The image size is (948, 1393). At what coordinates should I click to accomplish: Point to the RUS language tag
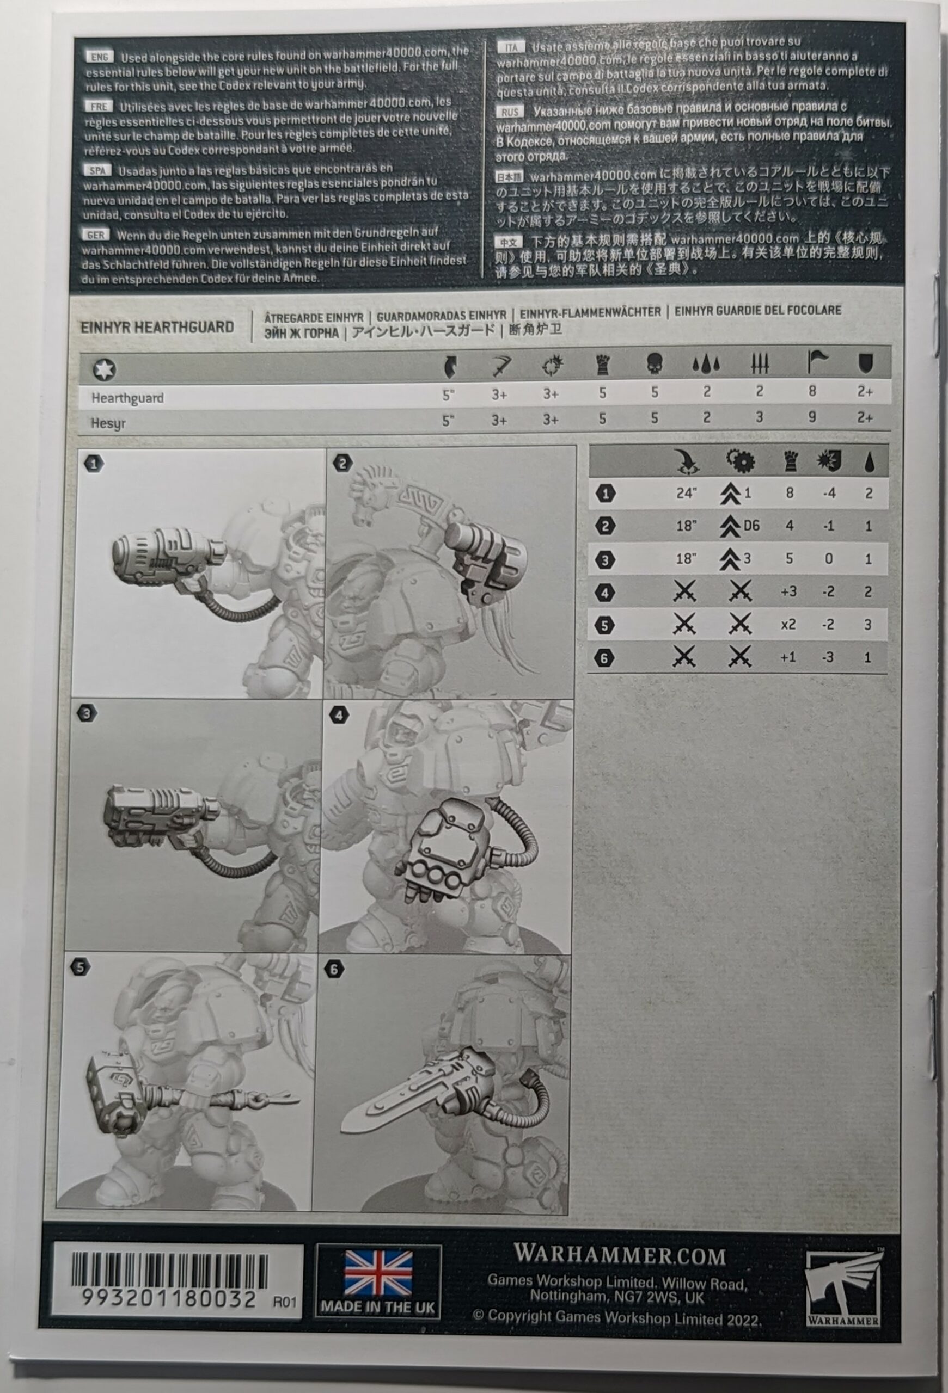[510, 112]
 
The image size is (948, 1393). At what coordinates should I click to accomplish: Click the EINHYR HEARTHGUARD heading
[157, 327]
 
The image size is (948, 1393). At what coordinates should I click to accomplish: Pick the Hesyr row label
[108, 423]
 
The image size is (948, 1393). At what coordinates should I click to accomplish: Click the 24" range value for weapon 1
[686, 494]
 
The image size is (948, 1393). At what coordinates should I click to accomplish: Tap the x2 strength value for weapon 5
[788, 625]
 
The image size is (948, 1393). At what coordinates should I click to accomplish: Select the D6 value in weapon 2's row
[751, 526]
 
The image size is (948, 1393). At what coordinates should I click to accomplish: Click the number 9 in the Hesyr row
[812, 417]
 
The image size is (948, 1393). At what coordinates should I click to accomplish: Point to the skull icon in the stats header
[654, 364]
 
